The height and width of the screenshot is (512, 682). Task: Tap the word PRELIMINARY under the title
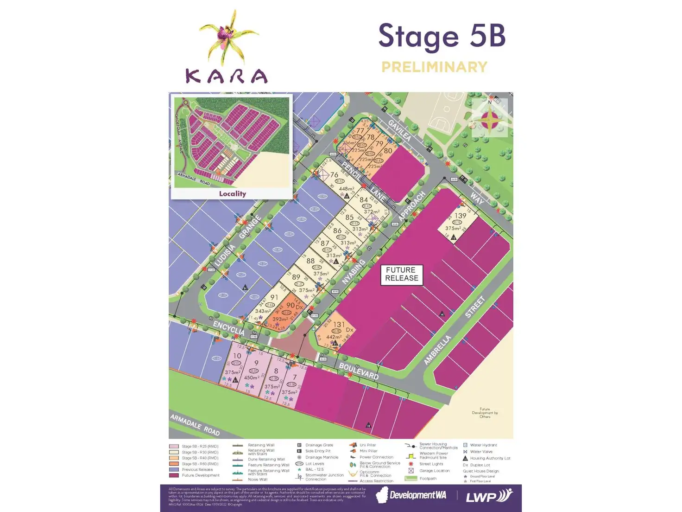(434, 67)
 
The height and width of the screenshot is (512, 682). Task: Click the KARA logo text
(227, 76)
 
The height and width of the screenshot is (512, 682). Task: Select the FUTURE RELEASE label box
(401, 274)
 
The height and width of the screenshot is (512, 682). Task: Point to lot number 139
(460, 216)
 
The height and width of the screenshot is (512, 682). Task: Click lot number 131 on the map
(339, 325)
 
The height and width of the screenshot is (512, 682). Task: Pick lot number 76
(334, 175)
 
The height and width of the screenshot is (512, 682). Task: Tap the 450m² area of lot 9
(252, 378)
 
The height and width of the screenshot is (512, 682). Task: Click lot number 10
(237, 356)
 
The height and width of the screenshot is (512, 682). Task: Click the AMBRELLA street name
(437, 350)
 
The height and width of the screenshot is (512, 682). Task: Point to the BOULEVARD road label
(359, 371)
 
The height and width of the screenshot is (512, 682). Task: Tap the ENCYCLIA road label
(228, 328)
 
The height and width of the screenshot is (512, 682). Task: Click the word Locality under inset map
(232, 194)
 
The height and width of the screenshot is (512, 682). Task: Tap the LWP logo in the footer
(488, 496)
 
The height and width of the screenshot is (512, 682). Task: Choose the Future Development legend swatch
(174, 475)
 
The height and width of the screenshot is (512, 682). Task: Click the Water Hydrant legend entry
(483, 445)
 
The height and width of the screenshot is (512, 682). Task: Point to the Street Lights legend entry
(431, 464)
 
